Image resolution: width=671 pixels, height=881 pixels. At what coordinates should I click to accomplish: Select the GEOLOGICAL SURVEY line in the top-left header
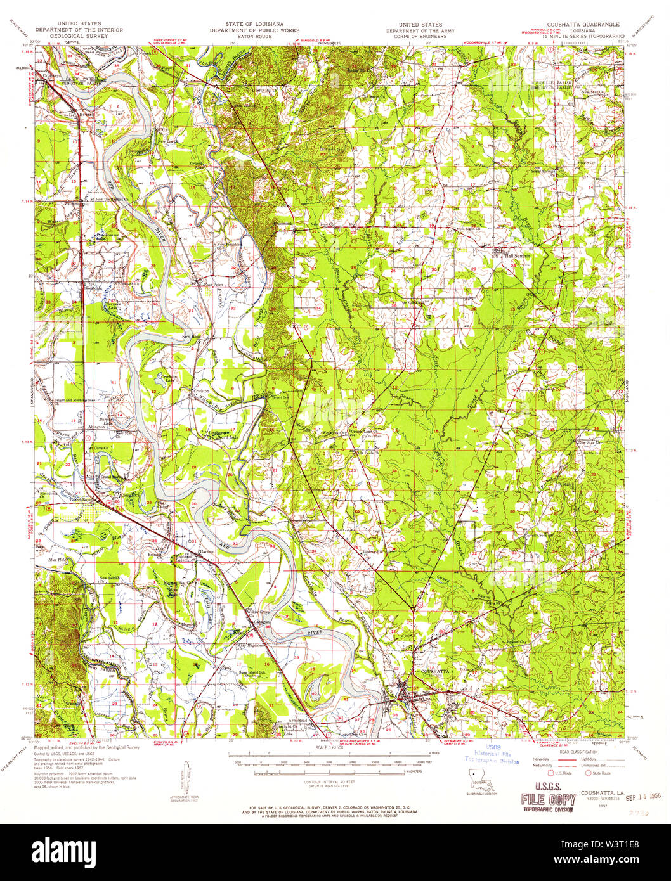pos(79,36)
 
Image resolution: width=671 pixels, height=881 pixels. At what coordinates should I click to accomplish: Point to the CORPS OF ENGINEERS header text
pos(415,36)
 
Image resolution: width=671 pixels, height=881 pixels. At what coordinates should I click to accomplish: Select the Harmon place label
pos(207,551)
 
